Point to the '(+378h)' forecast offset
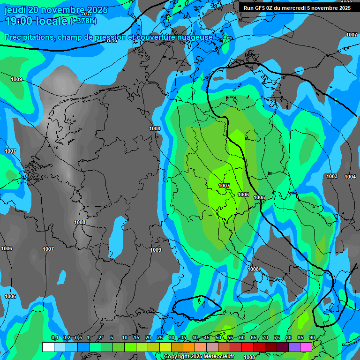[x=83, y=21]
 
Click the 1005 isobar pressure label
[x=259, y=197]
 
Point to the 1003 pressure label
[x=332, y=176]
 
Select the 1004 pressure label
[x=350, y=177]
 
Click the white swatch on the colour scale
[x=48, y=347]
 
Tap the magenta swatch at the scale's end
[x=306, y=347]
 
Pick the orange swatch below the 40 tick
[x=189, y=347]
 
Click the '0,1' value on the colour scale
[x=54, y=338]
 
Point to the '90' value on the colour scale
[x=312, y=338]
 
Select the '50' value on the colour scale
[x=218, y=338]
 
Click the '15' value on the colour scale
[x=136, y=338]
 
